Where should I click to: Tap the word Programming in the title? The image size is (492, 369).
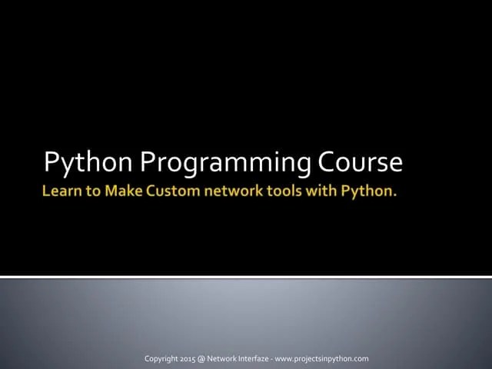(225, 163)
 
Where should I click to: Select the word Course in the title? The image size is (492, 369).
(361, 163)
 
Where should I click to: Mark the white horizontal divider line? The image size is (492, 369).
(246, 276)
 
